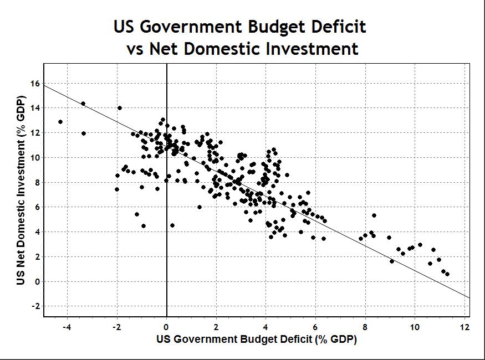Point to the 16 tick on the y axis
[x=35, y=84]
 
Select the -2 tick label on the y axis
[x=34, y=306]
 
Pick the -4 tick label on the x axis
[x=67, y=327]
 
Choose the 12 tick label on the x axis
[x=464, y=327]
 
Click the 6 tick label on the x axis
[x=315, y=327]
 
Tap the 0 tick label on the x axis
[x=167, y=327]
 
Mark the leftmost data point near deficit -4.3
[x=60, y=122]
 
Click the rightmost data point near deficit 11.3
[x=447, y=274]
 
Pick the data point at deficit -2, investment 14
[x=120, y=108]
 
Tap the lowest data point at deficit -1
[x=144, y=226]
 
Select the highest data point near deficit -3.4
[x=83, y=104]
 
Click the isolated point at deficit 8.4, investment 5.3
[x=374, y=215]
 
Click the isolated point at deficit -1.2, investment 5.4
[x=137, y=214]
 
